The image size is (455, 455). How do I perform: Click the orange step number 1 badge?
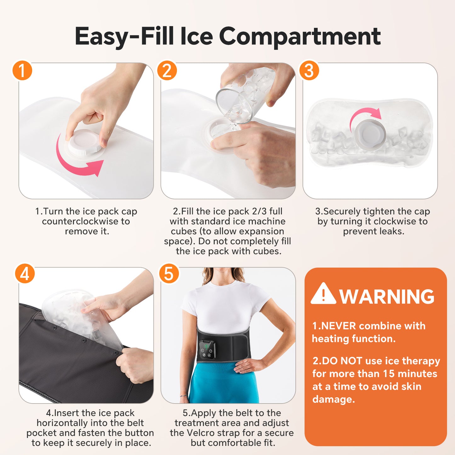click(22, 71)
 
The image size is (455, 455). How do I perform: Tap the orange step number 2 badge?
click(167, 71)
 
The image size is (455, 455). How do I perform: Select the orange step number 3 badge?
click(309, 71)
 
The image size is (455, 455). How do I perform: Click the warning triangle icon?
click(323, 294)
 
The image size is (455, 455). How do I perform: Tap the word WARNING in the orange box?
click(387, 296)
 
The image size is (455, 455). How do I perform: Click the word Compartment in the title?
click(299, 36)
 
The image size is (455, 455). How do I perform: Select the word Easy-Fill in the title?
click(124, 36)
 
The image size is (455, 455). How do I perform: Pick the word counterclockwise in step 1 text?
click(86, 221)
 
